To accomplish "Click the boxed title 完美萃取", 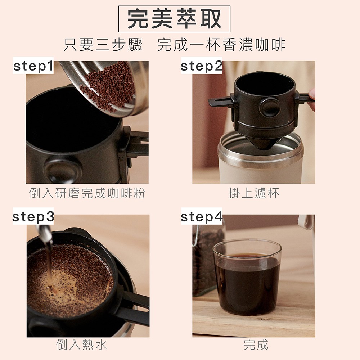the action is (x=174, y=19).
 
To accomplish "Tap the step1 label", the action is (x=33, y=66).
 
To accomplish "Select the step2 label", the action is (x=202, y=66).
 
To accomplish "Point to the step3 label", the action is (x=33, y=216).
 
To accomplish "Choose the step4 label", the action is (x=202, y=216).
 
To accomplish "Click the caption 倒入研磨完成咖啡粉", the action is (x=87, y=193).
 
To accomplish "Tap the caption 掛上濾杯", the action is (x=254, y=193).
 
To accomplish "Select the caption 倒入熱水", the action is (x=81, y=345).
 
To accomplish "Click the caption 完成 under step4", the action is (x=256, y=345).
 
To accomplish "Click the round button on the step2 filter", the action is (x=270, y=107).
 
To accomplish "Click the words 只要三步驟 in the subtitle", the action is (x=103, y=45).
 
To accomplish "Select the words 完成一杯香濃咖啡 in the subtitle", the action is (x=221, y=45).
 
